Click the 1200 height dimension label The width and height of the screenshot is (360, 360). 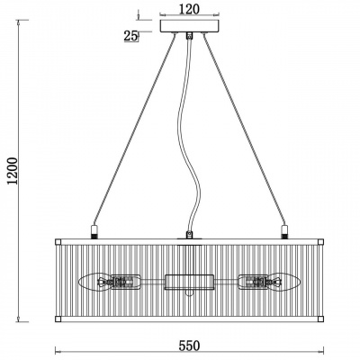(13, 171)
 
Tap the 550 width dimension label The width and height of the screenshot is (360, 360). (189, 346)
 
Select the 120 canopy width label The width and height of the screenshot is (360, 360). (189, 9)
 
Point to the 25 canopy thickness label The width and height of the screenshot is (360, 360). (130, 36)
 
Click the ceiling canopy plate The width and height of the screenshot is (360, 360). (189, 26)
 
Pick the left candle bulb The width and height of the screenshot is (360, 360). (90, 282)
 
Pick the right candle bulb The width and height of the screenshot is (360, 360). (288, 282)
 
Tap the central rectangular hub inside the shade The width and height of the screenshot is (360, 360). (189, 282)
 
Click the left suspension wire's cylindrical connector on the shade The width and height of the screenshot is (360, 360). (94, 230)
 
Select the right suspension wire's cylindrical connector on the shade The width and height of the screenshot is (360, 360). (284, 230)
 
